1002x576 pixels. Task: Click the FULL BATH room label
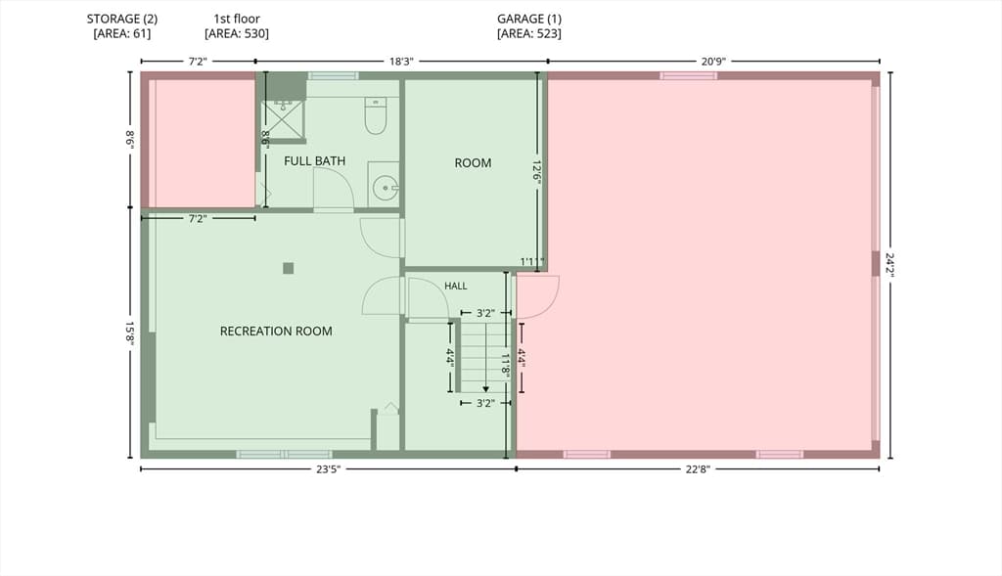(x=314, y=161)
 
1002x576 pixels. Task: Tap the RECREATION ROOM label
(x=276, y=331)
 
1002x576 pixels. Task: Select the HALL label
(x=456, y=287)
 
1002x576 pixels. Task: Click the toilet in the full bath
(x=375, y=115)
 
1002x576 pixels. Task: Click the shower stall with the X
(x=283, y=119)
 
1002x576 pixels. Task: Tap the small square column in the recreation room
(x=289, y=268)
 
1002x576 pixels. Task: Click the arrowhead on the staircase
(x=485, y=389)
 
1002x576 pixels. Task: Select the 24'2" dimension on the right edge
(x=889, y=265)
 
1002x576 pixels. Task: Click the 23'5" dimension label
(x=329, y=469)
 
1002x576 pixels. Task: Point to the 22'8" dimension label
(x=698, y=469)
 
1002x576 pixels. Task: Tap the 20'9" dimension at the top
(x=713, y=62)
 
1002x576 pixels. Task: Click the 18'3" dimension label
(x=401, y=62)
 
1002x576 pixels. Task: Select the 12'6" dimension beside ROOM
(x=537, y=172)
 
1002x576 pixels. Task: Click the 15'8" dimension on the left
(x=130, y=333)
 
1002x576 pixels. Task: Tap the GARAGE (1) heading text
(x=529, y=20)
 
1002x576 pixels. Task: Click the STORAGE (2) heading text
(x=122, y=20)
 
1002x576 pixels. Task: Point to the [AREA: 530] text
(x=237, y=33)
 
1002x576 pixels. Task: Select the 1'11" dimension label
(x=531, y=262)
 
